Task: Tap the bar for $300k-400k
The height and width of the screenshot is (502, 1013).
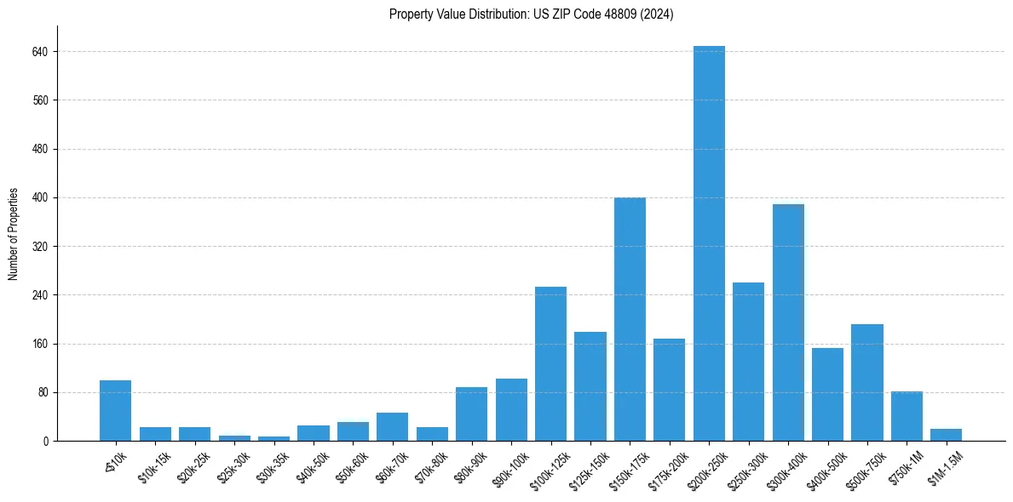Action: [788, 322]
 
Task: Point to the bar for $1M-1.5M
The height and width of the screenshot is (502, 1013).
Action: [946, 435]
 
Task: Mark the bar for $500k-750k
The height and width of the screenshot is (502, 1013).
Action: [866, 383]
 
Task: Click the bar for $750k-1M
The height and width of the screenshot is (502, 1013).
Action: [907, 416]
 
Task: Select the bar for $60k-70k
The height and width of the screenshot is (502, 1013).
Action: [392, 427]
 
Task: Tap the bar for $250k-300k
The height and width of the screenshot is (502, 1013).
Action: [748, 362]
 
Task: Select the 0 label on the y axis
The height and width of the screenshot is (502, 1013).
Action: [49, 442]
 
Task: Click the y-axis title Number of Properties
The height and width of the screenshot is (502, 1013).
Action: [14, 234]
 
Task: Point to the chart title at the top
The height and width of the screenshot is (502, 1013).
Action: [531, 14]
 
